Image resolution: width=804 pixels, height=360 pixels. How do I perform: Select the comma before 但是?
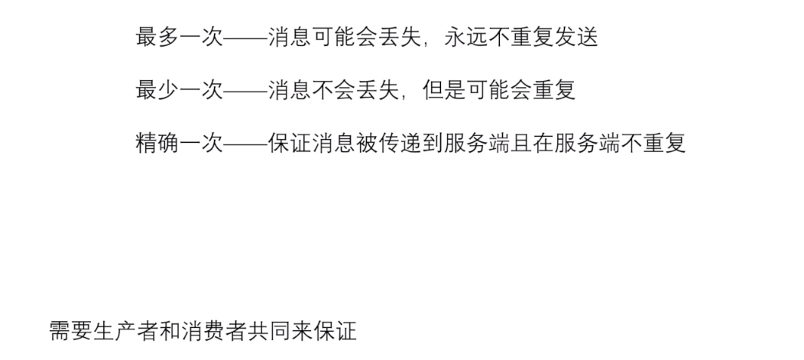(382, 96)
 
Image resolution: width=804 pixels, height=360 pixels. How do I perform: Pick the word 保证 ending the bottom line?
(335, 331)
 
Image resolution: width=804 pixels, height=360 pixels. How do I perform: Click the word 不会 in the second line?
(323, 90)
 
